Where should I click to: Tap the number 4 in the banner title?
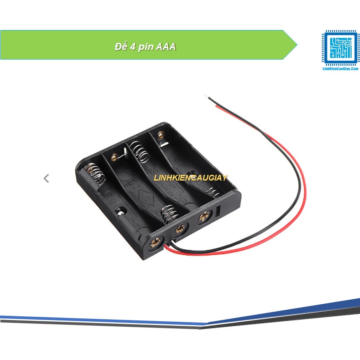pos(132,47)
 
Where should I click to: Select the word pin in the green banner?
pos(145,47)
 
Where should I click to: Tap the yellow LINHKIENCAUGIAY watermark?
pos(191,178)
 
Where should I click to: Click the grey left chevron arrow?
pos(46,179)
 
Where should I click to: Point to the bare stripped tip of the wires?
pos(207,97)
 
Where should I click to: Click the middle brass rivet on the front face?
pos(180,228)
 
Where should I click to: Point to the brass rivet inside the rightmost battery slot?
pos(160,135)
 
